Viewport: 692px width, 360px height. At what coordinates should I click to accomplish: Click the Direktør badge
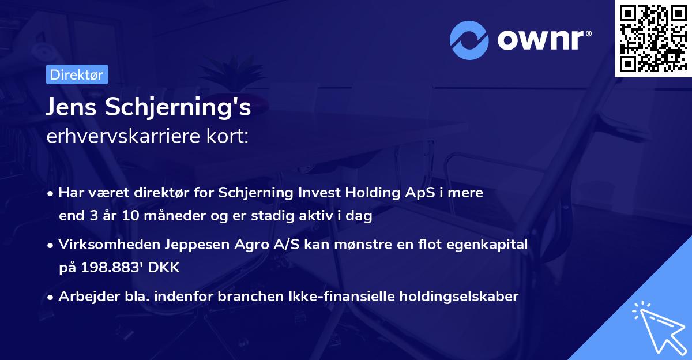click(76, 74)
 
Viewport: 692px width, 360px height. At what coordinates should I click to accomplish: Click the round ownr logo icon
click(470, 40)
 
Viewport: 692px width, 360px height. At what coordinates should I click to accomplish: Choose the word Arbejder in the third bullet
click(84, 297)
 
